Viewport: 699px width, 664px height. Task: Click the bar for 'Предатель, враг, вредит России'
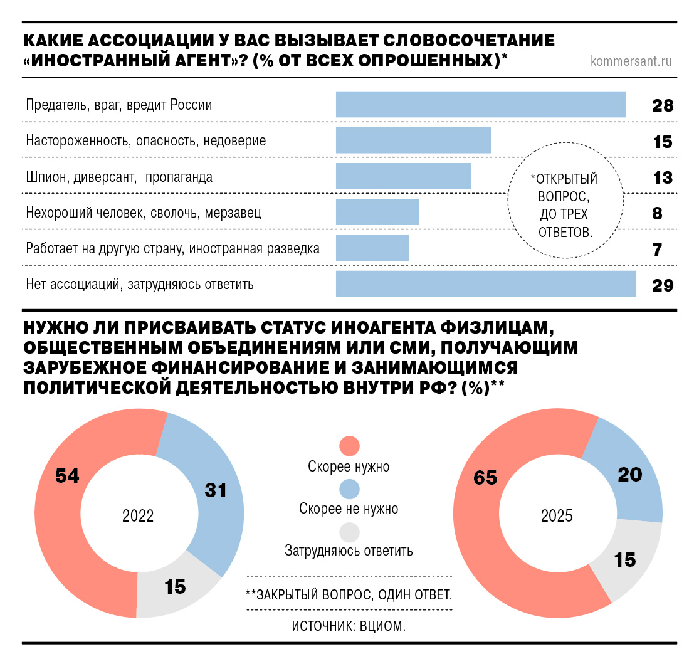coord(480,104)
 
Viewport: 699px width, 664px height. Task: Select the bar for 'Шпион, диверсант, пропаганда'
coord(403,176)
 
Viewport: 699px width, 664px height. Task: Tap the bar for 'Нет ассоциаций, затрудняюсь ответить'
coord(486,284)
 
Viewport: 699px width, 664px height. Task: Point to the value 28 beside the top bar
coord(662,105)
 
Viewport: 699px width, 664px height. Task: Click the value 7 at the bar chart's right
coord(657,250)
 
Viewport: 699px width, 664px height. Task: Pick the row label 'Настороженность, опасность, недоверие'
coord(145,141)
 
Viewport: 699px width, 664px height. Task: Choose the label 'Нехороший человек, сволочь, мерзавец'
coord(144,213)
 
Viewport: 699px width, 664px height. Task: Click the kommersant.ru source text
coord(631,61)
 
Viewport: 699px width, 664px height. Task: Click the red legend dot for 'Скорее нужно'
coord(349,446)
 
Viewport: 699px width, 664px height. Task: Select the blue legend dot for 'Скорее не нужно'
coord(349,488)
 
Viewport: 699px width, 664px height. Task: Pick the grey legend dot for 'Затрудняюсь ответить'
coord(349,532)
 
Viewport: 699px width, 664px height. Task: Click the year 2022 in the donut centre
coord(138,516)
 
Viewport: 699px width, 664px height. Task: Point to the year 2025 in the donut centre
coord(557,516)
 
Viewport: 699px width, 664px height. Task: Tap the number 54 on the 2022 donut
coord(67,477)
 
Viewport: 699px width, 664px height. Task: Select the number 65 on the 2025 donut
coord(485,478)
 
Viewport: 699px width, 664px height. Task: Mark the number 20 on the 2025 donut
coord(630,475)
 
